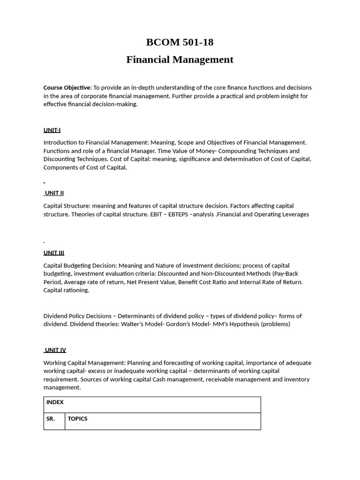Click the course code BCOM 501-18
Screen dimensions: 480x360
click(180, 42)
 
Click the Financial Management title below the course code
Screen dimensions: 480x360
click(180, 60)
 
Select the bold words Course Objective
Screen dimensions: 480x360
click(67, 88)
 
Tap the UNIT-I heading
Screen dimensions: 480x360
click(52, 130)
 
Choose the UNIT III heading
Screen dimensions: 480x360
click(54, 253)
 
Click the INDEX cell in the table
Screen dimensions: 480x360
click(55, 402)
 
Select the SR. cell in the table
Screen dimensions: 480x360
click(51, 419)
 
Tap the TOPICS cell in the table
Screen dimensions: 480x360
click(78, 419)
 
